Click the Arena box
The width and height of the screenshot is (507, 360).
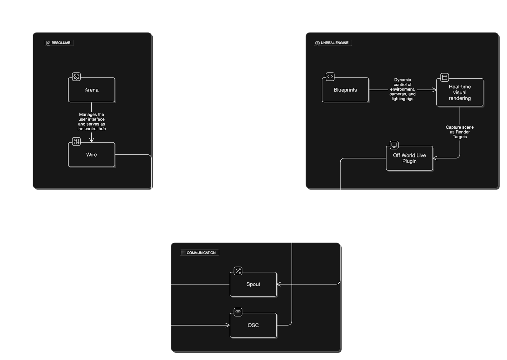[92, 90]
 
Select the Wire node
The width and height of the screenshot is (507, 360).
[92, 155]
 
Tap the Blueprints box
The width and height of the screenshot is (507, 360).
[345, 90]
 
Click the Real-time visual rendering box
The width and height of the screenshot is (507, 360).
[460, 93]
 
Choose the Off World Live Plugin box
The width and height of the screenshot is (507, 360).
[409, 158]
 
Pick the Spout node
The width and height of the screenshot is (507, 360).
[253, 284]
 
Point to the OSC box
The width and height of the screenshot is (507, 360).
[253, 325]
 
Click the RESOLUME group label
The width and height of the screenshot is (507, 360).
[59, 43]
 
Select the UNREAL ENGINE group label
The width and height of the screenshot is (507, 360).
[333, 43]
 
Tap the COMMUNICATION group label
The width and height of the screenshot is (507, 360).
[199, 253]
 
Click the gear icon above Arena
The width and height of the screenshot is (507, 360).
[76, 76]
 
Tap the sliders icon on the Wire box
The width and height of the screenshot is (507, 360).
[76, 142]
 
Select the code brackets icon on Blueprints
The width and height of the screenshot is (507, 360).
[330, 76]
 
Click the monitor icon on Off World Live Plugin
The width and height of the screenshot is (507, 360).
[394, 145]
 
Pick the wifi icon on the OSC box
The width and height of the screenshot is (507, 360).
[238, 312]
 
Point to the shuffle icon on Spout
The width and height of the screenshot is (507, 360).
[238, 271]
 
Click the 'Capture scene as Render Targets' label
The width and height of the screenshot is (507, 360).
[460, 132]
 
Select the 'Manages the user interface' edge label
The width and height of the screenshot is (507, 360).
[92, 122]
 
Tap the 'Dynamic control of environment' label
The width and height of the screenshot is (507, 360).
[402, 89]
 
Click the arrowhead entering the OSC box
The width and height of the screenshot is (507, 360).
[228, 325]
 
